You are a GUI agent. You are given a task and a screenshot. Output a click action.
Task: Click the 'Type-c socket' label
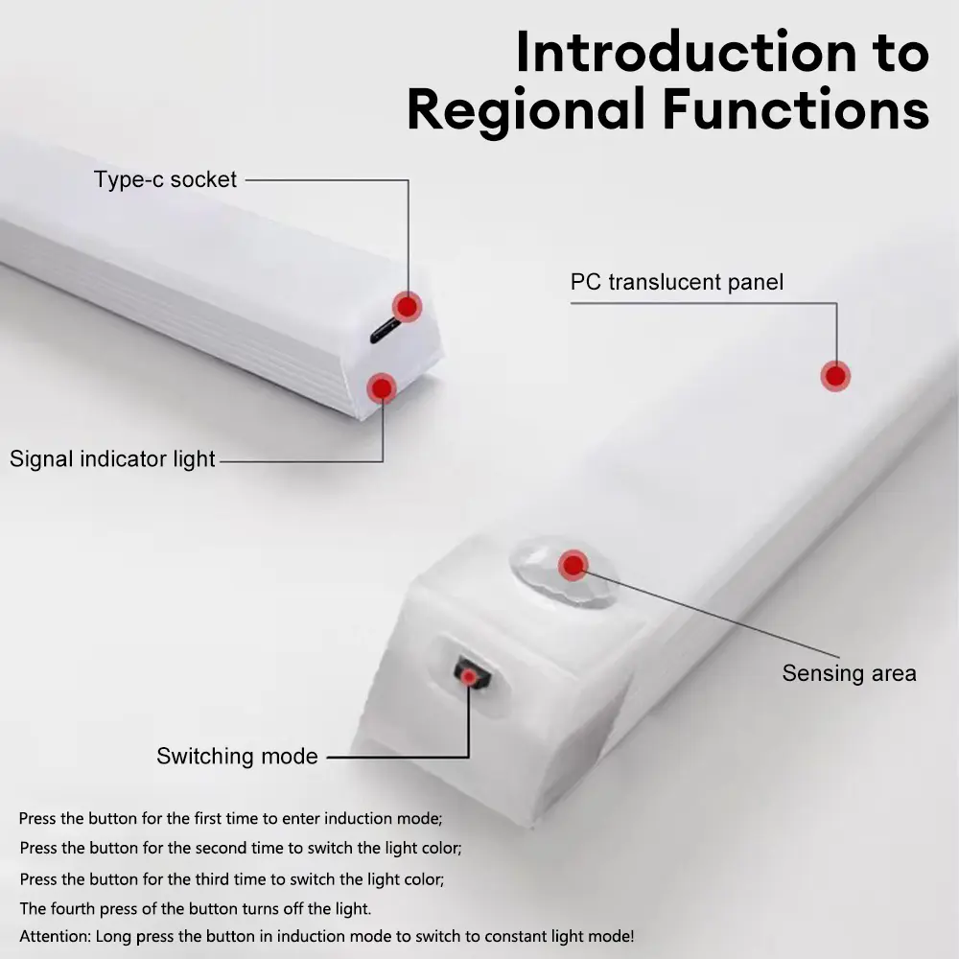(165, 179)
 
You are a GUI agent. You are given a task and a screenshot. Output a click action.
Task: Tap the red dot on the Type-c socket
(407, 307)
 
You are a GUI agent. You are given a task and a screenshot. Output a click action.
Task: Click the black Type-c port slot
(386, 331)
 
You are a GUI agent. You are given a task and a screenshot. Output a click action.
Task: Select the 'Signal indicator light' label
(112, 459)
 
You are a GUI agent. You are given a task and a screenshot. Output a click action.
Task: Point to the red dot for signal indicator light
(382, 387)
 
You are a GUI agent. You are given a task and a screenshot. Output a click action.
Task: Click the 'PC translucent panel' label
(676, 282)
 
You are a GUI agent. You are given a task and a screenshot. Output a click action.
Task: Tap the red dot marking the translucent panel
(835, 376)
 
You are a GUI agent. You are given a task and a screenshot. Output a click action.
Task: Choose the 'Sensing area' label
(849, 673)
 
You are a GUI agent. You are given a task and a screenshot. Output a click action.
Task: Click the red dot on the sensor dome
(573, 565)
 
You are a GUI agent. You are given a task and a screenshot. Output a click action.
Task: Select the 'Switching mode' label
(237, 756)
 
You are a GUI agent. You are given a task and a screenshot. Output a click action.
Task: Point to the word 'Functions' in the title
(796, 109)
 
